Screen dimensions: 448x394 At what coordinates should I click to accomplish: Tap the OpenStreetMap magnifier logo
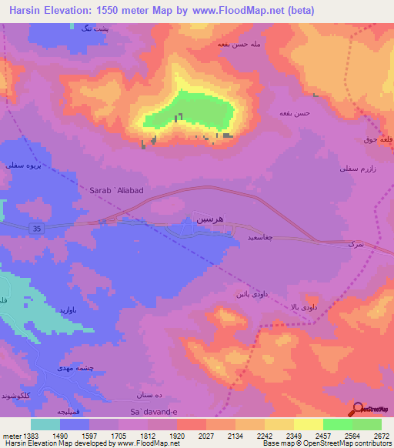[357, 410]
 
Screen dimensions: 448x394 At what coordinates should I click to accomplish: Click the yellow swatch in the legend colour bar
[308, 424]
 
